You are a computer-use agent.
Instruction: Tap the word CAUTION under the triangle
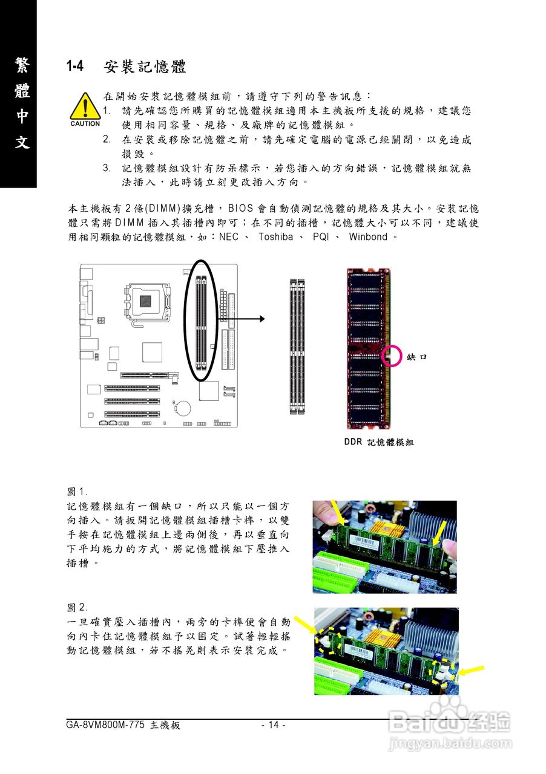[85, 124]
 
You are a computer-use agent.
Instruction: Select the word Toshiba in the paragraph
[275, 237]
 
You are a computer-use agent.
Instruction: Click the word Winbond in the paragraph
[368, 237]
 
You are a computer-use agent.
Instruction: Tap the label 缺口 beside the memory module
[417, 357]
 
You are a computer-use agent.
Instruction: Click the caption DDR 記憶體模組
[379, 443]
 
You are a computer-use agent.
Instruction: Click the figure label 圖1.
[77, 492]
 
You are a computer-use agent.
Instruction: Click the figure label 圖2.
[77, 607]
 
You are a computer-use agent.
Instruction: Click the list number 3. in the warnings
[106, 167]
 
